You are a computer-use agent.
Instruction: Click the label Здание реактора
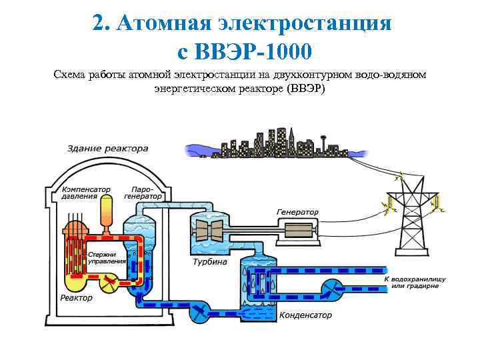tap(107, 148)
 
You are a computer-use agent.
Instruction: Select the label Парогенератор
tap(143, 192)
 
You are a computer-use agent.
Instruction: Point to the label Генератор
tap(297, 212)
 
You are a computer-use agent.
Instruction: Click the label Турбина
tap(209, 262)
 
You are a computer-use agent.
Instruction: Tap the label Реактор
tap(77, 297)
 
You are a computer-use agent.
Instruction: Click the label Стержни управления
tap(107, 257)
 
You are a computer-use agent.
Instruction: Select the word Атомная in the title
tap(159, 23)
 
